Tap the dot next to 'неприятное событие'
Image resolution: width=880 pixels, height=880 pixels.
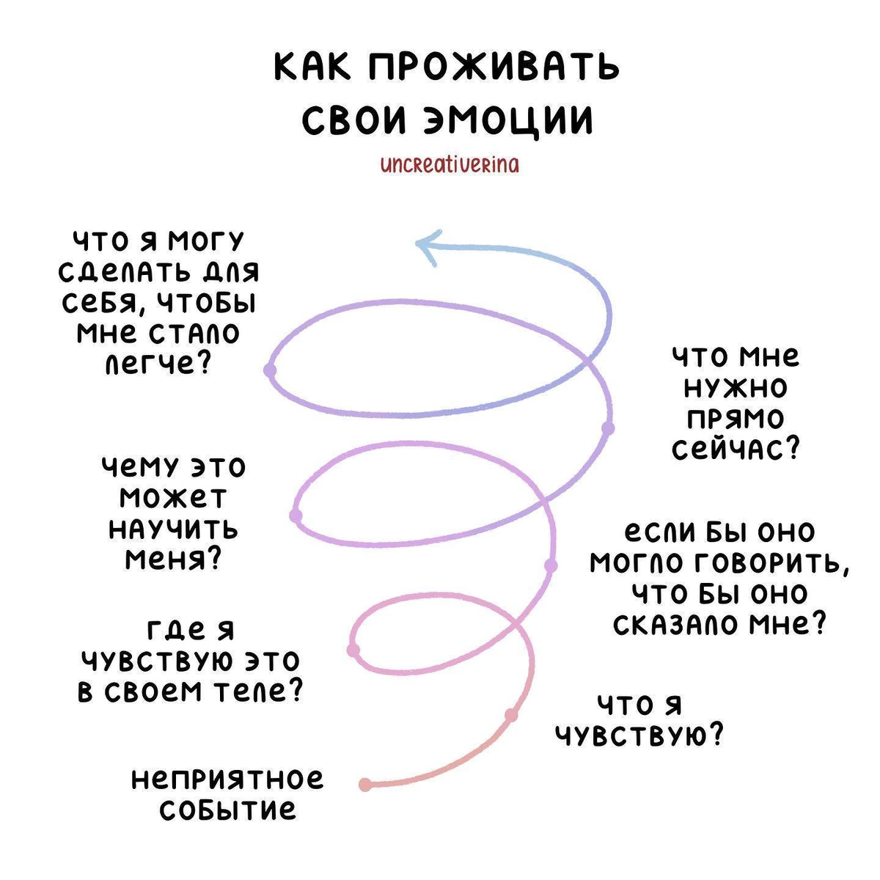click(x=365, y=785)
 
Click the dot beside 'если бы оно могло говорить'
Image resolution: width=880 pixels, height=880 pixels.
click(x=551, y=565)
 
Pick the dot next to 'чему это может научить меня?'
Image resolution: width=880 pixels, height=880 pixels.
click(x=296, y=516)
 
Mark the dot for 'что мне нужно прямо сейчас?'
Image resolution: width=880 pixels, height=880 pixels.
click(x=607, y=428)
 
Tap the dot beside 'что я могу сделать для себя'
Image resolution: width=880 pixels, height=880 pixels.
click(x=270, y=370)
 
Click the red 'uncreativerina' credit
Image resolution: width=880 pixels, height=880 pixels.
click(x=449, y=165)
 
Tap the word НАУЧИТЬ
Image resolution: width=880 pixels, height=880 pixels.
click(x=174, y=529)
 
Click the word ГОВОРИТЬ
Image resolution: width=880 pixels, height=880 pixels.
click(x=771, y=562)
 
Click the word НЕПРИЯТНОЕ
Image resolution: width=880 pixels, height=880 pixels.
click(x=227, y=780)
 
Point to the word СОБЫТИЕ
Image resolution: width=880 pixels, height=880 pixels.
click(x=228, y=810)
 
